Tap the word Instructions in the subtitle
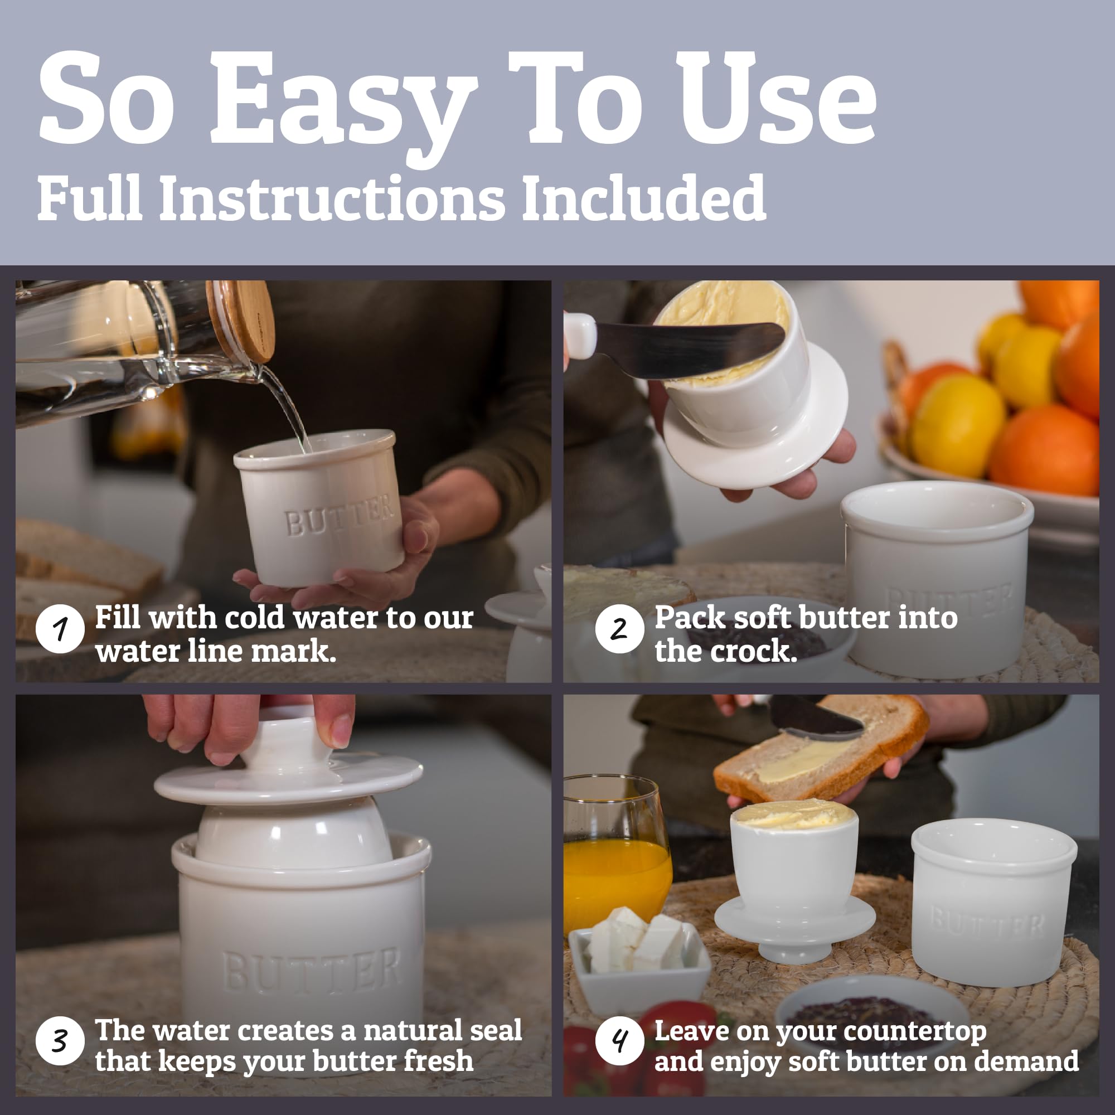331,198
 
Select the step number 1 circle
60,629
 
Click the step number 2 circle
619,629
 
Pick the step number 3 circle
60,1040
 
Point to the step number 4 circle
619,1040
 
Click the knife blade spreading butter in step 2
687,349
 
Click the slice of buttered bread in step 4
820,750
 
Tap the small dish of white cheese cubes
638,947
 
